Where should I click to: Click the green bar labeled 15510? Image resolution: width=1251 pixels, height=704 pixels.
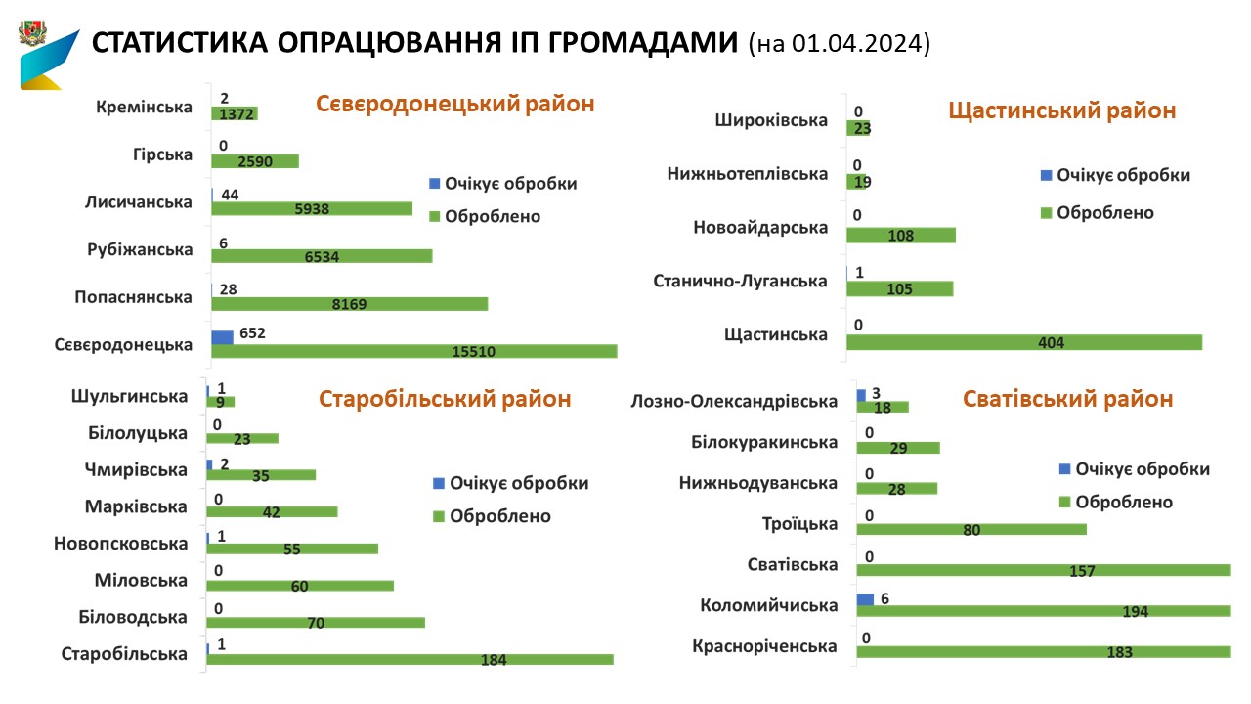tap(413, 351)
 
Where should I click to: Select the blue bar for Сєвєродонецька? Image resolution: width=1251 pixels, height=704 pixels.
tap(223, 337)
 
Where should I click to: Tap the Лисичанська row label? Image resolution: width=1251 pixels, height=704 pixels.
tap(139, 201)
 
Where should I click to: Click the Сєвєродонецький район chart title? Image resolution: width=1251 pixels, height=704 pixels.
tap(454, 104)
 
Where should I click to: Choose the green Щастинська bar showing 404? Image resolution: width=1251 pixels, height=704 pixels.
tap(1023, 342)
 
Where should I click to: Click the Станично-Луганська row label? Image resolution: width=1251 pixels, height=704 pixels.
tap(740, 281)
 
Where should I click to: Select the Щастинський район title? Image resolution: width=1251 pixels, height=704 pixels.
tap(1062, 110)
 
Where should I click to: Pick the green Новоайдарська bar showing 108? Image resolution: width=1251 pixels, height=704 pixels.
tap(900, 235)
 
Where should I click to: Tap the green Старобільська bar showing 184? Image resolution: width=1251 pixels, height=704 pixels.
tap(410, 659)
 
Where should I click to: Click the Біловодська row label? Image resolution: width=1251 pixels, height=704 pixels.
tap(133, 617)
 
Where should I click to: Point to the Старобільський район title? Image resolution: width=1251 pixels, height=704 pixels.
tap(446, 399)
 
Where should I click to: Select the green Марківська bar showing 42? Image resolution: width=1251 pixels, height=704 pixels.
tap(272, 511)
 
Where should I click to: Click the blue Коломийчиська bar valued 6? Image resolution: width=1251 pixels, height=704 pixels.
tap(865, 598)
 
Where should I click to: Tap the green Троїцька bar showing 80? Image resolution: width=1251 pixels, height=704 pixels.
tap(971, 529)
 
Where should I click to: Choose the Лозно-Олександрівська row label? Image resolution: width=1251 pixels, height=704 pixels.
tap(735, 401)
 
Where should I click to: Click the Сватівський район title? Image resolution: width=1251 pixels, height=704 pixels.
tap(1068, 399)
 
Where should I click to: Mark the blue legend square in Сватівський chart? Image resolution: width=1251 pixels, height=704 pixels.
tap(1064, 469)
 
